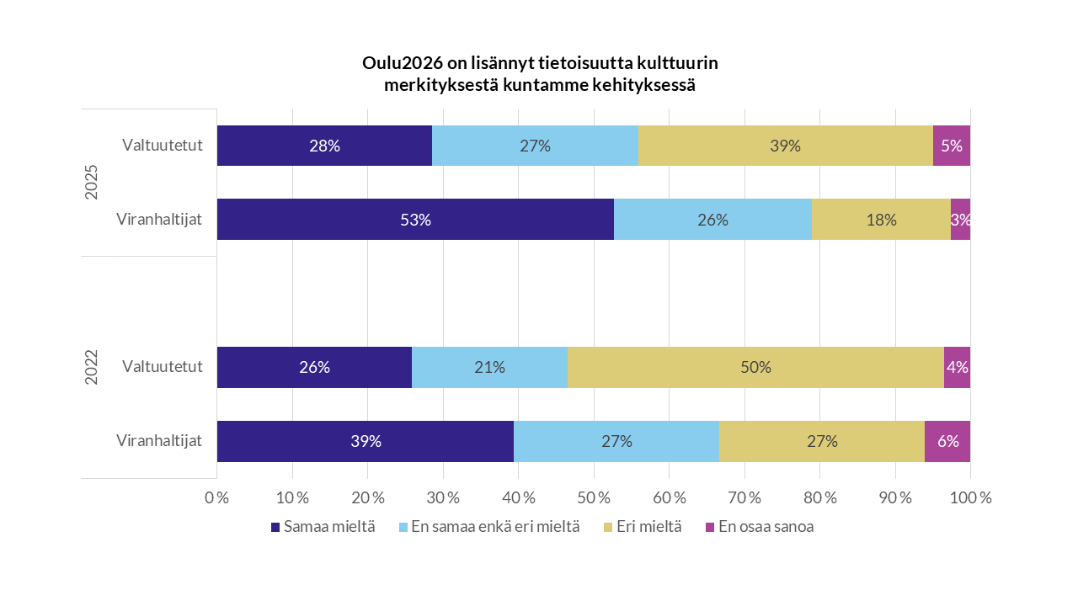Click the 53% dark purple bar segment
point(415,220)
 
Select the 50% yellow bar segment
point(755,367)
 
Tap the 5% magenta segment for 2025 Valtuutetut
point(952,146)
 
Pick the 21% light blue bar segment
point(489,367)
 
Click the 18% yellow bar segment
point(881,220)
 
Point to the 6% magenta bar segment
point(947,441)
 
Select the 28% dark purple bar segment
point(324,146)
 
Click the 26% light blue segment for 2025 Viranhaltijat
point(712,220)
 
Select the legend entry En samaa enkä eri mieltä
point(495,528)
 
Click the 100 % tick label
point(970,497)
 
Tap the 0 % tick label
point(217,497)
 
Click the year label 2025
point(92,183)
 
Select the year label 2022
point(92,367)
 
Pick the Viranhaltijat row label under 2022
point(159,441)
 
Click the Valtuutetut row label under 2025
point(162,146)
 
